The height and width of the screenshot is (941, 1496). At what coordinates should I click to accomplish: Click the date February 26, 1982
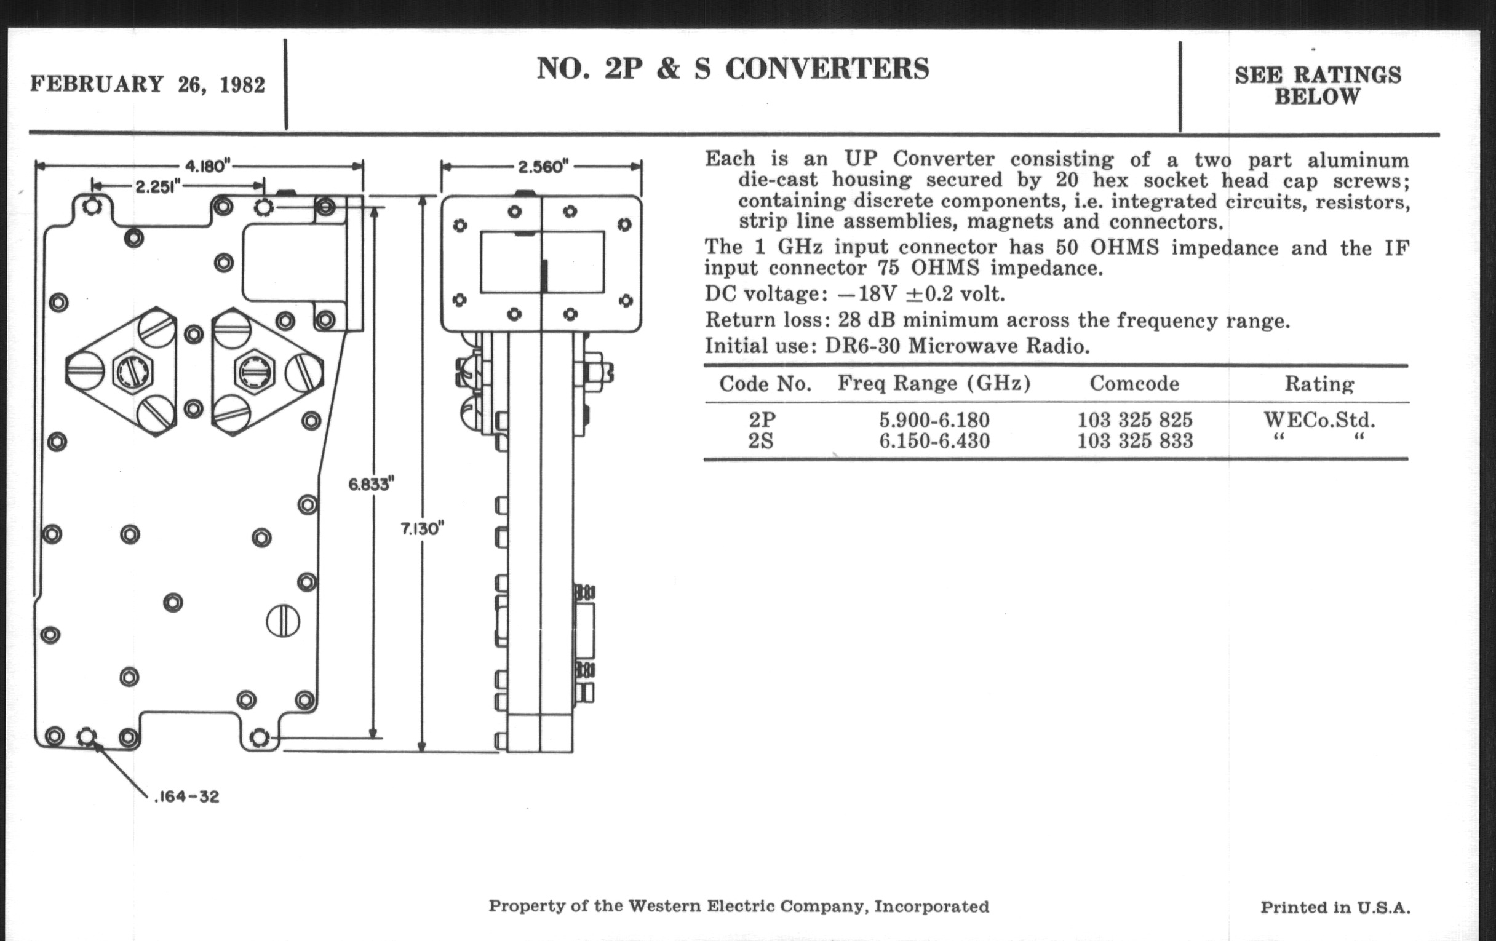(147, 84)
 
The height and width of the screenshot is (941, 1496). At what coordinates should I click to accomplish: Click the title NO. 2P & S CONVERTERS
(733, 69)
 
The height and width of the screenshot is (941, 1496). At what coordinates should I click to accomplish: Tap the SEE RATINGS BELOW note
(1318, 85)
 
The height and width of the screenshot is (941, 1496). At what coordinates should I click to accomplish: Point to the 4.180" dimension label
(207, 166)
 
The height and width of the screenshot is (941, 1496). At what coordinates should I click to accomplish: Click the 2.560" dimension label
(543, 167)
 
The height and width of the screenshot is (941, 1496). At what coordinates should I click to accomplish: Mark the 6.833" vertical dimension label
(372, 484)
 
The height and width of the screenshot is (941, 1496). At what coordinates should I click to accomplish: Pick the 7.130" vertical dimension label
(423, 528)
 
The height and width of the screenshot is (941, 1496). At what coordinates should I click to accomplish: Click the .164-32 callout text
(186, 796)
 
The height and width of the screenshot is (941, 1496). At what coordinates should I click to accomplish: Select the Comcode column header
(1134, 383)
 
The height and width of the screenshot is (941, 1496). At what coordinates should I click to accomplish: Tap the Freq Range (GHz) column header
(934, 383)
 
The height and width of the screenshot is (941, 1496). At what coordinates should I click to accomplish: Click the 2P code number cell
(762, 420)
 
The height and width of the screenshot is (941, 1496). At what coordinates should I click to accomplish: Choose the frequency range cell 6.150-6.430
(934, 441)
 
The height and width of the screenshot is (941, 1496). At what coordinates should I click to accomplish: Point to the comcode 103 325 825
(1134, 420)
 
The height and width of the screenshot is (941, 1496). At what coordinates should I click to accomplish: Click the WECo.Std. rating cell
(1319, 420)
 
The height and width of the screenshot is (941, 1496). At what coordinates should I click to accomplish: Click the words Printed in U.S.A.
(1335, 907)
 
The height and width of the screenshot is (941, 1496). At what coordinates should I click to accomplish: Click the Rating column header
(1319, 383)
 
